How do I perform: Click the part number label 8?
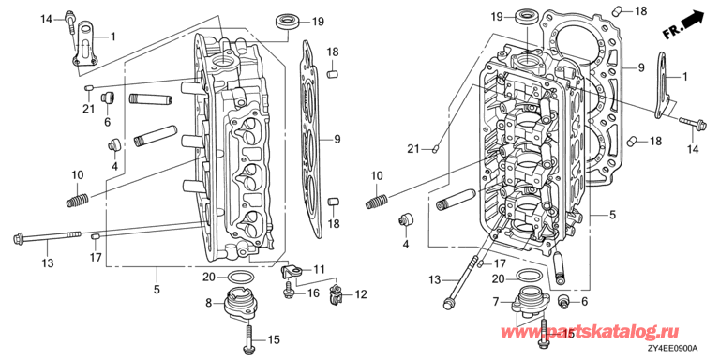pyautogui.click(x=208, y=303)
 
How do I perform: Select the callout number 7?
pyautogui.click(x=495, y=302)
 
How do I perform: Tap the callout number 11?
pyautogui.click(x=319, y=269)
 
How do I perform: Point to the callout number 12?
pyautogui.click(x=361, y=294)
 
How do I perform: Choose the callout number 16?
pyautogui.click(x=313, y=292)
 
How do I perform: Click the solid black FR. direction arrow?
pyautogui.click(x=694, y=20)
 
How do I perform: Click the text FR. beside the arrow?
pyautogui.click(x=671, y=32)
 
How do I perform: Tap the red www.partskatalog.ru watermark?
pyautogui.click(x=589, y=332)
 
